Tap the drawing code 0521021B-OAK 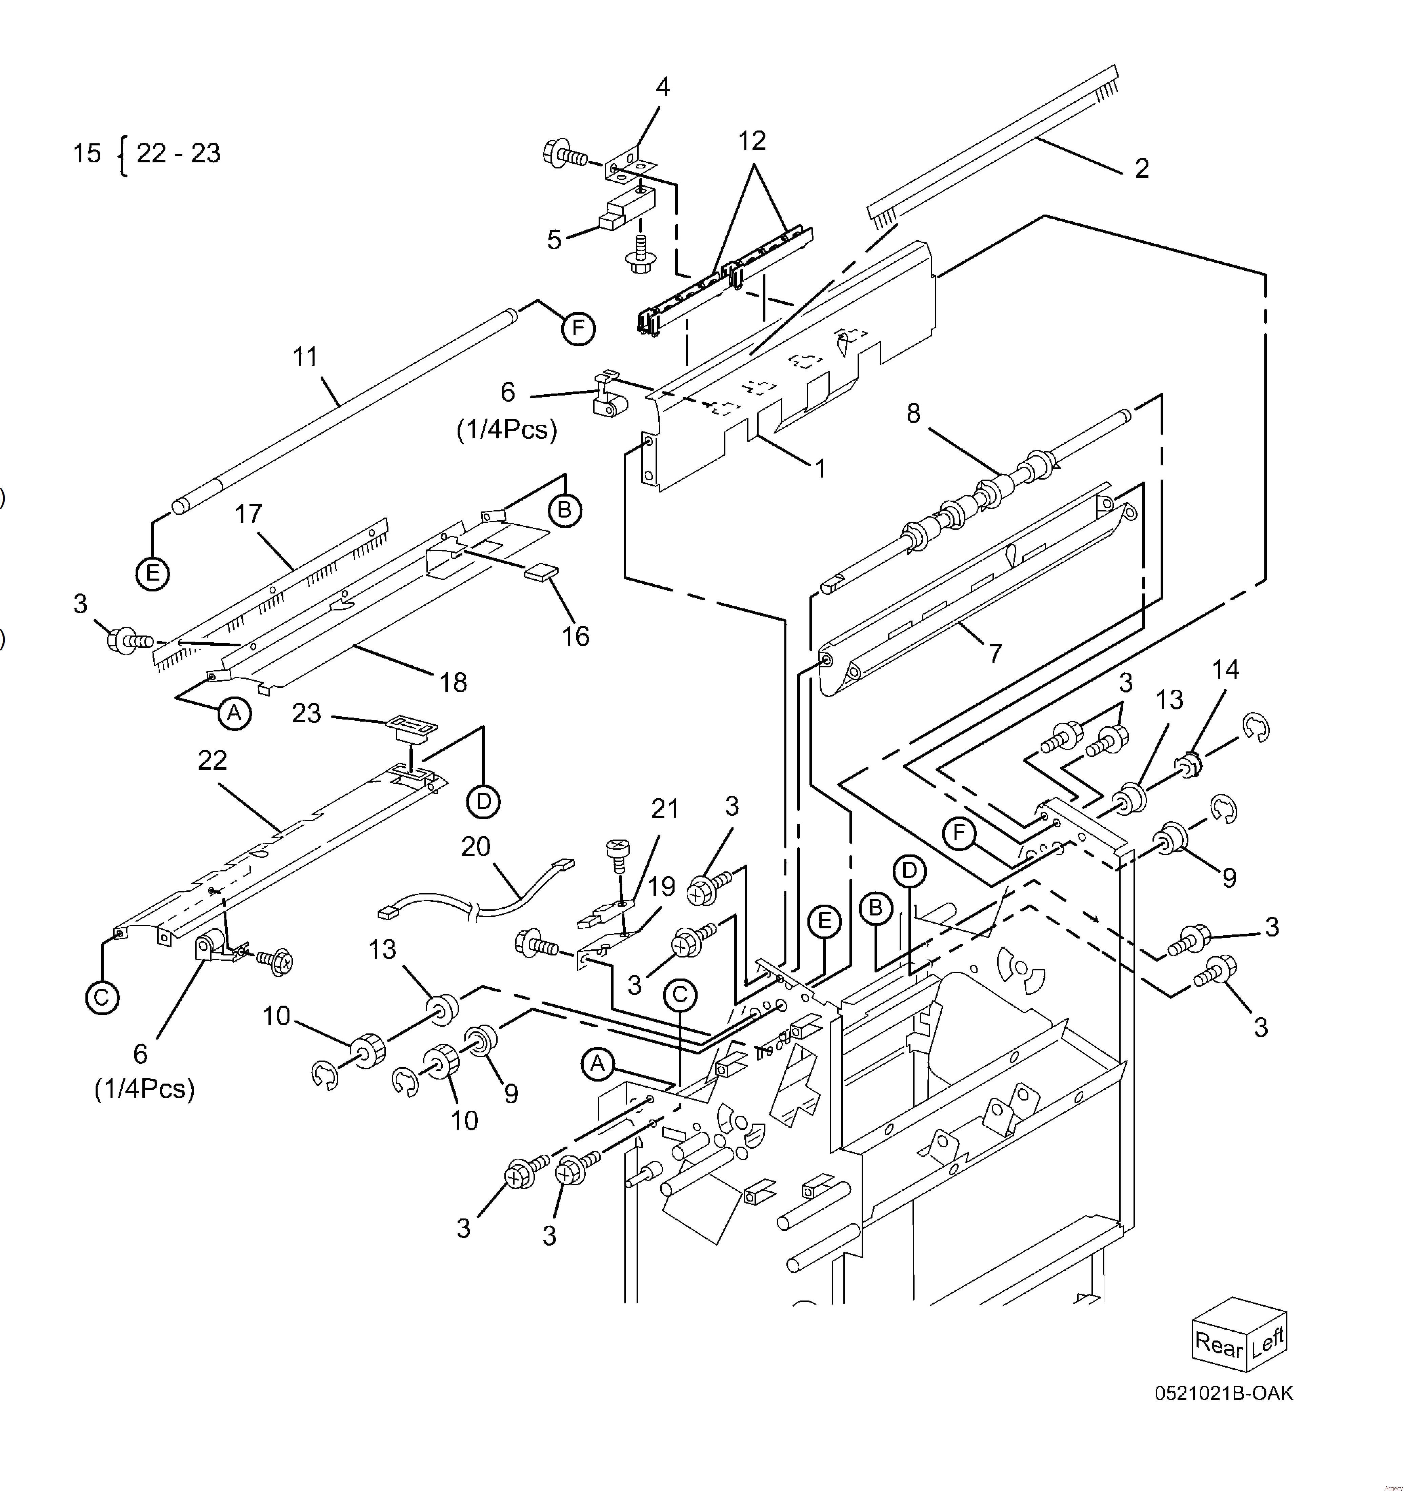1224,1394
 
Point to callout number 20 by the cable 476,847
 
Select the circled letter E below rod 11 152,574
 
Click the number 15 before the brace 87,153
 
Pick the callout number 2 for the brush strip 1141,168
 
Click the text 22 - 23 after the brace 179,153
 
